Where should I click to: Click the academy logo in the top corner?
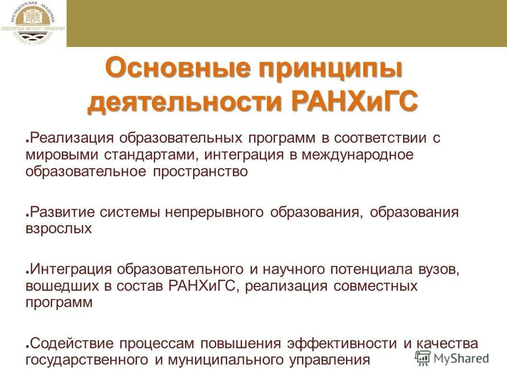click(33, 23)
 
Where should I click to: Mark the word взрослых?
click(58, 229)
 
